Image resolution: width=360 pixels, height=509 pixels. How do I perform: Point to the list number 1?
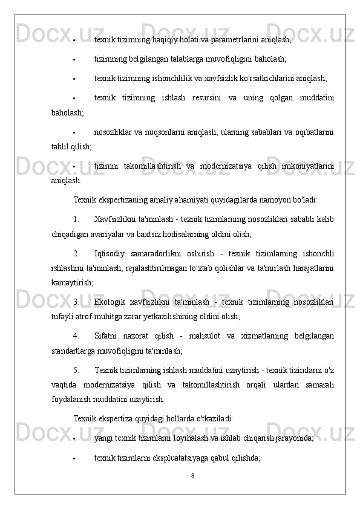(76, 218)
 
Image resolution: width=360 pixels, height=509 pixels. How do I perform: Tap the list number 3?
(76, 300)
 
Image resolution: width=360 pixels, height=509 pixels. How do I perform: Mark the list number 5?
(76, 369)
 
